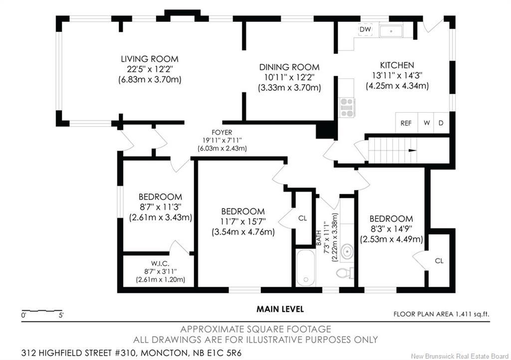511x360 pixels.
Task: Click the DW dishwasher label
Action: point(365,29)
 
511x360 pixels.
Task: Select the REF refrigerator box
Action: point(406,123)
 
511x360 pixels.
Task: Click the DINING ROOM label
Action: point(289,67)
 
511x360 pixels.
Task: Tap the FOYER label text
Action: point(222,132)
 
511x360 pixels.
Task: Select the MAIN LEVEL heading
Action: point(280,309)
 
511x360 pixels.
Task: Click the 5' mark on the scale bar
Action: point(60,316)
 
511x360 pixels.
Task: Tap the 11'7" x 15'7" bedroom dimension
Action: point(243,221)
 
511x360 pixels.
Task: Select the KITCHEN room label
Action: point(397,65)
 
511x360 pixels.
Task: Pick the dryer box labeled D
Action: point(441,123)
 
